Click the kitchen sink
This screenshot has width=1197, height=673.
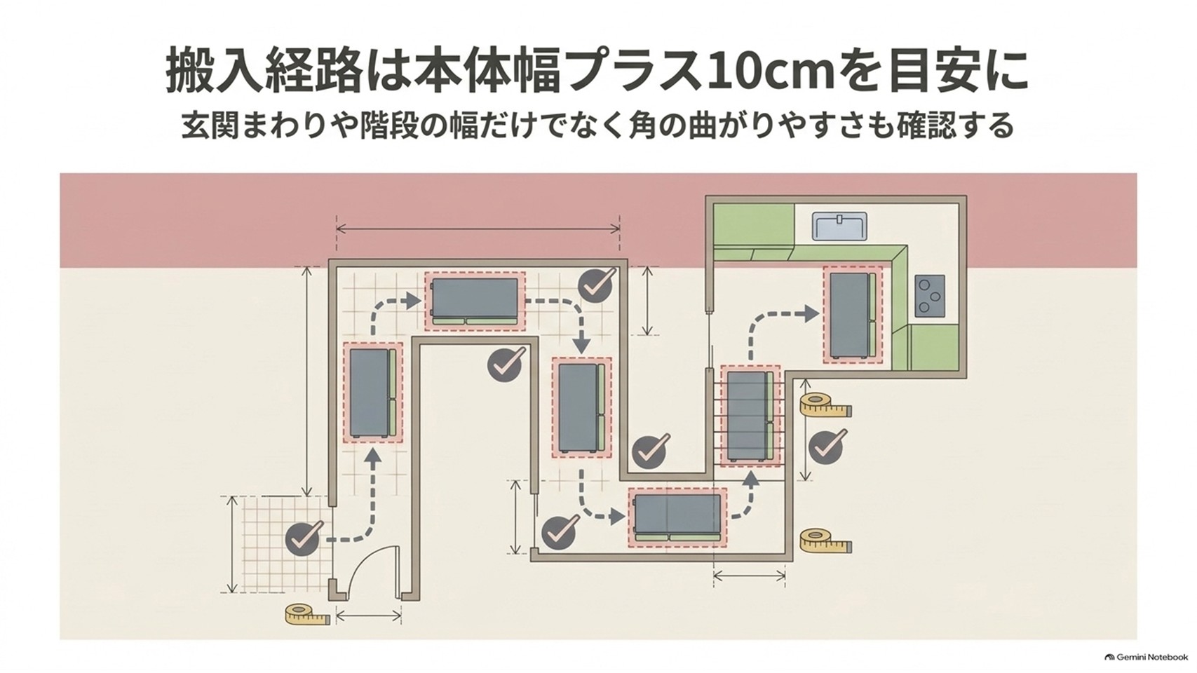coord(839,226)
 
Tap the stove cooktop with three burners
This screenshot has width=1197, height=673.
coord(929,294)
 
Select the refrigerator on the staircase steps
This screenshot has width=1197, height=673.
coord(750,416)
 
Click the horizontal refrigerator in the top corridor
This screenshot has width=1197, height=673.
coord(475,301)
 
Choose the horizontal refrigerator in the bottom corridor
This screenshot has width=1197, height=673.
coord(677,517)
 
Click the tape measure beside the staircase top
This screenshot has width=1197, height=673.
coord(825,405)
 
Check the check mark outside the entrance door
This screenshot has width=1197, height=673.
coord(304,539)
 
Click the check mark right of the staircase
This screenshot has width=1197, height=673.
coord(827,446)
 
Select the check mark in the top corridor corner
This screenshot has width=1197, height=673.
coord(597,285)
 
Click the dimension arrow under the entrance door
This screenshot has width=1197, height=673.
coord(368,616)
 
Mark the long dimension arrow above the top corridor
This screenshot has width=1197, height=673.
coord(478,229)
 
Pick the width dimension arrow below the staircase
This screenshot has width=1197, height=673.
coord(750,576)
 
